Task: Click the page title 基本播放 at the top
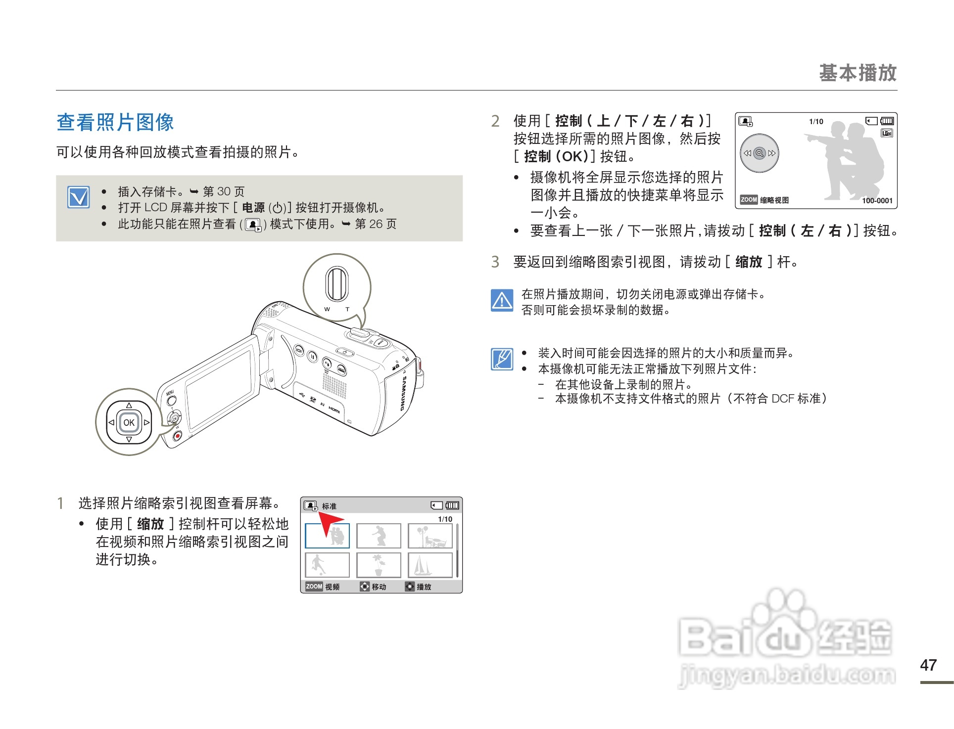858,73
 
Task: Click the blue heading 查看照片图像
115,122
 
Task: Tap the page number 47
928,665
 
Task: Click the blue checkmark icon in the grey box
79,197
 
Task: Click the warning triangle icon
502,300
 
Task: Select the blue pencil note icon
502,359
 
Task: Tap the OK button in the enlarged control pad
129,423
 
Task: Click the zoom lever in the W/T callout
336,283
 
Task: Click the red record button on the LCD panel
177,436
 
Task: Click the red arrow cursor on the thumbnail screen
329,522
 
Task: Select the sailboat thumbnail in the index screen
430,565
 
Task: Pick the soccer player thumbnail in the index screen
327,565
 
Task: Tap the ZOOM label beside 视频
314,587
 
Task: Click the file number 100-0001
877,200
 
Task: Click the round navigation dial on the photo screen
760,153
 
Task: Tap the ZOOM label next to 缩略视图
749,200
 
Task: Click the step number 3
495,262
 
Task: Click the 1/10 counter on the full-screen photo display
816,122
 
